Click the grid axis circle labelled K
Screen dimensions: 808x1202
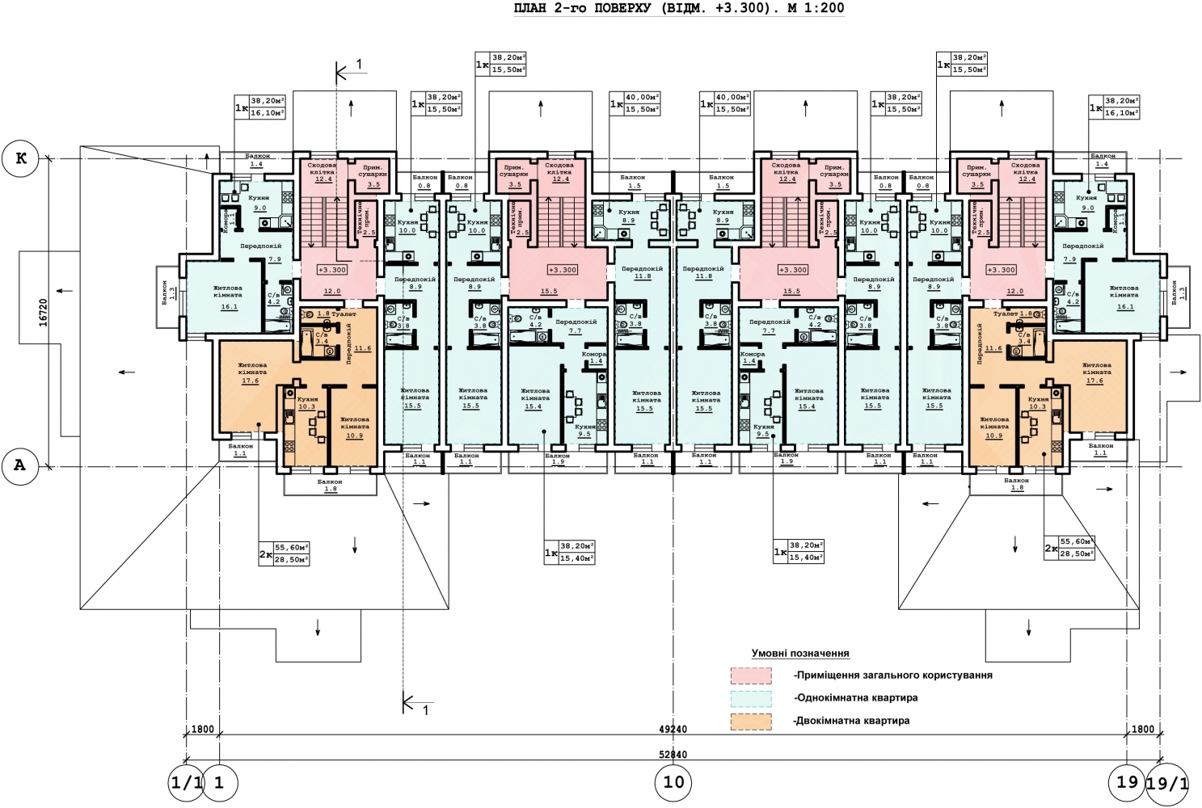point(21,158)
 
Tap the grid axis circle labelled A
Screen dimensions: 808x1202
point(20,466)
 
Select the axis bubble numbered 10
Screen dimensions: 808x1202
point(673,781)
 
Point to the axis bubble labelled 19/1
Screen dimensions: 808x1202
point(1168,783)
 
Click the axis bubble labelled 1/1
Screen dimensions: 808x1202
point(187,783)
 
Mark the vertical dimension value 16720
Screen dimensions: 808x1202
point(44,312)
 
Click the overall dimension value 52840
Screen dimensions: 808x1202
point(673,755)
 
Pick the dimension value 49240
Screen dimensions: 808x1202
point(673,729)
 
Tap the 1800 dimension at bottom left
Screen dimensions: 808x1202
point(202,729)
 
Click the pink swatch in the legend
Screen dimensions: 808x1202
point(751,675)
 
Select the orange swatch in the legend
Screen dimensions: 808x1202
point(751,722)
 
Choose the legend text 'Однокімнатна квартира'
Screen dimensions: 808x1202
point(857,698)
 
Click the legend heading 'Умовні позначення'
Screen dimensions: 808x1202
point(800,653)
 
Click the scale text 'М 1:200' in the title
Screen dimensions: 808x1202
point(816,9)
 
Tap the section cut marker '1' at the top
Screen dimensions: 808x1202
point(359,65)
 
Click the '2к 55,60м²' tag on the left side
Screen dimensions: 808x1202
point(285,553)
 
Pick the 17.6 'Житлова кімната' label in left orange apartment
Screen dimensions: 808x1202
point(251,373)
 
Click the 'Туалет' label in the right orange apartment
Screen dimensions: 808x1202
point(1005,314)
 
